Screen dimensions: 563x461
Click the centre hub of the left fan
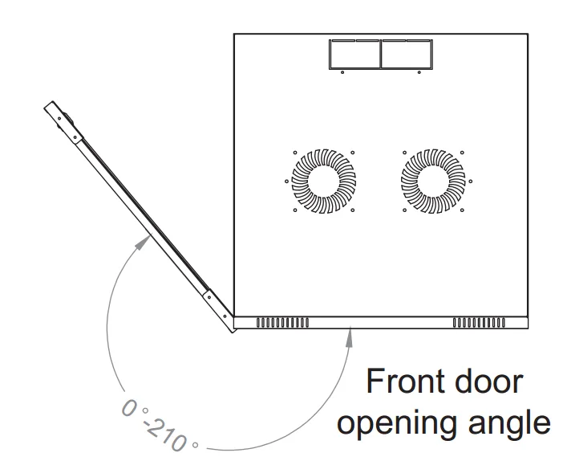tap(324, 182)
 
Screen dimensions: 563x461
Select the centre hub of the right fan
tap(433, 182)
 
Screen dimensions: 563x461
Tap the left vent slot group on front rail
tap(282, 323)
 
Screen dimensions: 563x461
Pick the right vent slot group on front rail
tap(479, 323)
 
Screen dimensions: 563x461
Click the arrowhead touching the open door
tap(144, 240)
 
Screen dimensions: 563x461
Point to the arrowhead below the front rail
tap(350, 337)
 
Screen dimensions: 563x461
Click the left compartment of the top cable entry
tap(354, 54)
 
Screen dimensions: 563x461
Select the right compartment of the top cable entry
tap(407, 54)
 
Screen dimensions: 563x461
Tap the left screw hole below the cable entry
tap(342, 72)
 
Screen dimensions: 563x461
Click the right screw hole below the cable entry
tap(419, 72)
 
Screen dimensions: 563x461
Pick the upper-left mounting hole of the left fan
tap(295, 153)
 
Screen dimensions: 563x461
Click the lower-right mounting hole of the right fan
tap(462, 210)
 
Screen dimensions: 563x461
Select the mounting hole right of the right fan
tap(471, 182)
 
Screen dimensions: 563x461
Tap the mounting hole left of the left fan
tap(286, 182)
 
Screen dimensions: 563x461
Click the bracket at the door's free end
tap(63, 122)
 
